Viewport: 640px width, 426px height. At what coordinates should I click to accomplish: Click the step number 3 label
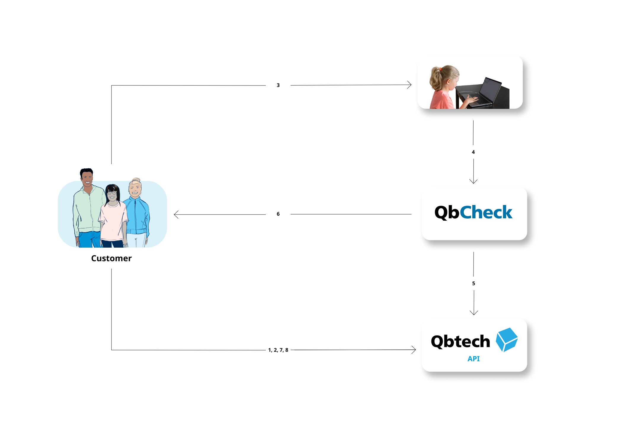pyautogui.click(x=278, y=85)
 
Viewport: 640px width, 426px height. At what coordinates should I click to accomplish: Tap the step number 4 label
pyautogui.click(x=473, y=152)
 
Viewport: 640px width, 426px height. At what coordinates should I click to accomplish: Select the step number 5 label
pyautogui.click(x=473, y=283)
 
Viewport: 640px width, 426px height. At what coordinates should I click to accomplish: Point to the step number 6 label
pyautogui.click(x=278, y=214)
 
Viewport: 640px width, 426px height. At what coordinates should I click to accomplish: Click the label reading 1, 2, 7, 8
pyautogui.click(x=278, y=350)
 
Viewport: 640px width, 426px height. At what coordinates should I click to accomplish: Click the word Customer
pyautogui.click(x=111, y=258)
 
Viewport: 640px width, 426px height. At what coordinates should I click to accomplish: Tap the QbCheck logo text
pyautogui.click(x=473, y=212)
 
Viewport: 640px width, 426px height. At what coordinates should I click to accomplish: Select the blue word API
pyautogui.click(x=473, y=359)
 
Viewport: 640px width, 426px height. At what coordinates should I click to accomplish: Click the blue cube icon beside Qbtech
pyautogui.click(x=507, y=340)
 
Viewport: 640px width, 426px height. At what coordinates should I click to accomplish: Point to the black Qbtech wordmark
pyautogui.click(x=460, y=342)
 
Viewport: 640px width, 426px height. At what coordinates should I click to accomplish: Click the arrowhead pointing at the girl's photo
pyautogui.click(x=409, y=85)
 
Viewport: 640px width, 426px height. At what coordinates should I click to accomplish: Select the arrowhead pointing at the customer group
pyautogui.click(x=176, y=214)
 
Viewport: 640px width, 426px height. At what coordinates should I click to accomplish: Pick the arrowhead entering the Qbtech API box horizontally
pyautogui.click(x=414, y=350)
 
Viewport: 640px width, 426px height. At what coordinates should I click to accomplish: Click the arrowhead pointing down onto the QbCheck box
pyautogui.click(x=473, y=181)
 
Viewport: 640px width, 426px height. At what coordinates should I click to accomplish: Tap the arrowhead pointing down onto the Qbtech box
pyautogui.click(x=474, y=313)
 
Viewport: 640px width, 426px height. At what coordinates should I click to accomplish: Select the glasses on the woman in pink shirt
pyautogui.click(x=112, y=193)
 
